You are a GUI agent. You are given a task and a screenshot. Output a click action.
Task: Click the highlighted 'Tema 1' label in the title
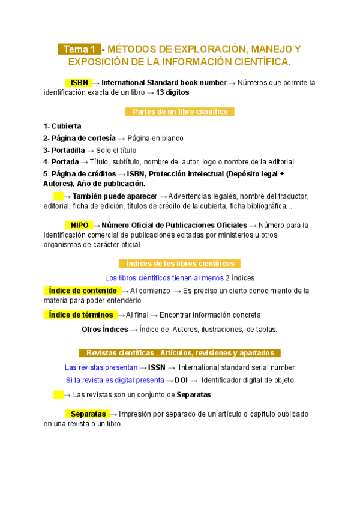coord(79,49)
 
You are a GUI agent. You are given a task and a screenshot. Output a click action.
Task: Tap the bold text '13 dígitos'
coord(172,92)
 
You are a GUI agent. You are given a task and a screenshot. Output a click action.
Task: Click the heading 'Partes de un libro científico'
coord(179,112)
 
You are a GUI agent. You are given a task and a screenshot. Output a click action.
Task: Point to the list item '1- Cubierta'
coord(62,126)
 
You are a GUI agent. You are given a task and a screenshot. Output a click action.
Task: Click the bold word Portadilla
coord(68,150)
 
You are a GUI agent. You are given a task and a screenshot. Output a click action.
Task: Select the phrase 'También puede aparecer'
coord(115,196)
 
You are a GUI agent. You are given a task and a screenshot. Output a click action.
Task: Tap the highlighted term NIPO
coord(79,225)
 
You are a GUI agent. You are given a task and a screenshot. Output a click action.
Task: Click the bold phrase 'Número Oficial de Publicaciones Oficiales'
coord(175,225)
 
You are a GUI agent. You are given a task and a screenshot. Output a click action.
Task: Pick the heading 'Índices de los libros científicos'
coord(180,264)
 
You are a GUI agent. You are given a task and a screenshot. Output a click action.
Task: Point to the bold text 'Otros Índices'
coord(105,329)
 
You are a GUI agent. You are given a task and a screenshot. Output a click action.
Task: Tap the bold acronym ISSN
coord(157,367)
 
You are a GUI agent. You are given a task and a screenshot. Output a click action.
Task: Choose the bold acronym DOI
coord(181,380)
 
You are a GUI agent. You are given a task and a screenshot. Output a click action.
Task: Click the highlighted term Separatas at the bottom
coord(88,414)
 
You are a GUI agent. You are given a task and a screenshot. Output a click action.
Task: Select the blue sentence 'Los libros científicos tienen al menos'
coord(164,278)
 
